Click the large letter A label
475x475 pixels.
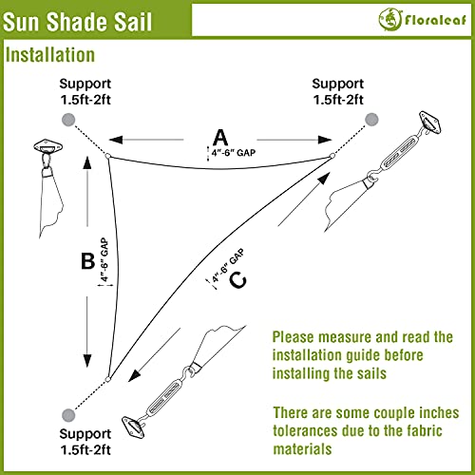[x=220, y=137]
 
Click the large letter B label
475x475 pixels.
[x=87, y=261]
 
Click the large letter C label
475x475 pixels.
[x=237, y=280]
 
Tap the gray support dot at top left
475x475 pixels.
[x=68, y=120]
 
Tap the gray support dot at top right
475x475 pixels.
[x=371, y=120]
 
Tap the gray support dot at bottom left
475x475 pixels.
[x=68, y=415]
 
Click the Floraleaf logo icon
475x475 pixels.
[x=389, y=19]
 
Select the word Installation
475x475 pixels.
[x=50, y=55]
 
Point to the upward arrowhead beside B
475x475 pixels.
[x=87, y=161]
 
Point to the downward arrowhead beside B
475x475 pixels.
[x=87, y=361]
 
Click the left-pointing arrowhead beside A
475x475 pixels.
[x=116, y=140]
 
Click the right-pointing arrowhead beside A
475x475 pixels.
[x=325, y=140]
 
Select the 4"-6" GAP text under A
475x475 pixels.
[x=234, y=153]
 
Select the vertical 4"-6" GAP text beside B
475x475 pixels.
[x=104, y=259]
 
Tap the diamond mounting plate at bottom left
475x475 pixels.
[x=133, y=427]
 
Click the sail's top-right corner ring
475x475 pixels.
[x=332, y=156]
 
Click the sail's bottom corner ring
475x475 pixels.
[x=107, y=379]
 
